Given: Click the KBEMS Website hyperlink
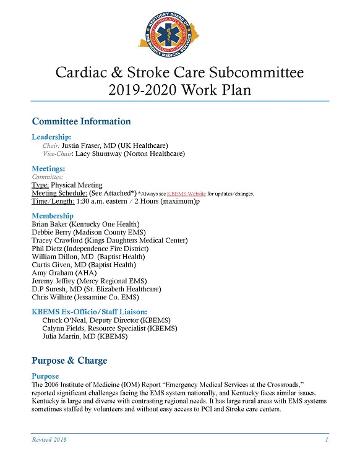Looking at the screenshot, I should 188,194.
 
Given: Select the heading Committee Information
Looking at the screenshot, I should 81,121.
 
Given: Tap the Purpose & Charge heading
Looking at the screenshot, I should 69,361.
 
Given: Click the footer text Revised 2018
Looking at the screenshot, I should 49,439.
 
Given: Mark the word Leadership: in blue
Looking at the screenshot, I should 51,136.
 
